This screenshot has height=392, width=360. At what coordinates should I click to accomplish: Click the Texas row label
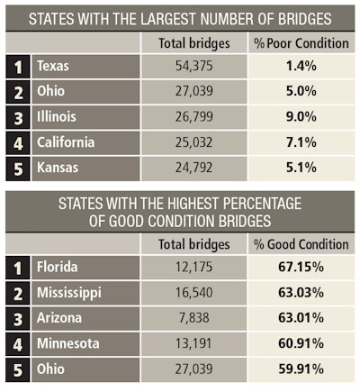(53, 66)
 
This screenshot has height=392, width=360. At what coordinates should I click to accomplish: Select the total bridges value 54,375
(194, 66)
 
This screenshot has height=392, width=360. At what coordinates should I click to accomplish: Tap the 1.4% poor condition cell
(301, 66)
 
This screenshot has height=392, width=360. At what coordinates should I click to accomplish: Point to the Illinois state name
(57, 116)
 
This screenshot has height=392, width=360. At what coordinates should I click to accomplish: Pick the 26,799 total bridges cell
(194, 116)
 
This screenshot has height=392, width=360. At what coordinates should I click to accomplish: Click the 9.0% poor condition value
(301, 116)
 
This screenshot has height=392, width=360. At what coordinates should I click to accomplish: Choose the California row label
(66, 141)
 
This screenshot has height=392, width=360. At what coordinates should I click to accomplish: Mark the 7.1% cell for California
(301, 142)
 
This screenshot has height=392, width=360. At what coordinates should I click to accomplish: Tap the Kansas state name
(58, 168)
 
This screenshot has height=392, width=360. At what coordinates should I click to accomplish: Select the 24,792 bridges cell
(194, 168)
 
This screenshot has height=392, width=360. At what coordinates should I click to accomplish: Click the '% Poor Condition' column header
(301, 43)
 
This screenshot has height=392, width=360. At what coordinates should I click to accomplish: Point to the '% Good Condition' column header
(301, 244)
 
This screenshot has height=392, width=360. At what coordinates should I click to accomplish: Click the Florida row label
(57, 267)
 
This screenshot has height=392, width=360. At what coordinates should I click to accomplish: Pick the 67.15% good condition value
(301, 267)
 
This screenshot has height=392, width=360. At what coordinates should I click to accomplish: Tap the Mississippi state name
(69, 293)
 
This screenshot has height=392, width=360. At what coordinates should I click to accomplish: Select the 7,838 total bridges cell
(194, 318)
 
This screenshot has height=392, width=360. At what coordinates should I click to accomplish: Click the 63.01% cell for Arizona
(301, 318)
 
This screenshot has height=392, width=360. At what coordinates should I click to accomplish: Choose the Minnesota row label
(67, 343)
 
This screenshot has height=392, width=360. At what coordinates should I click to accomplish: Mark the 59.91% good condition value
(301, 369)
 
